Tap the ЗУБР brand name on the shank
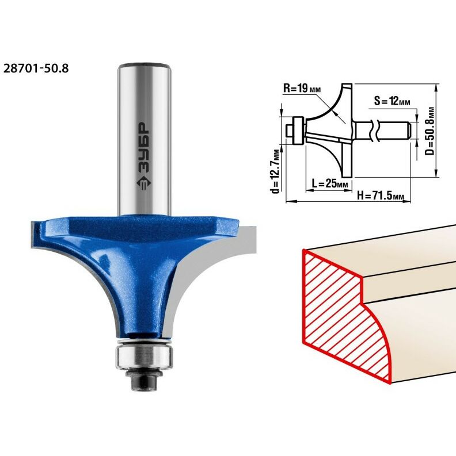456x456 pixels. click(143, 148)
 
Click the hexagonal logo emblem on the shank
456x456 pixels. click(143, 183)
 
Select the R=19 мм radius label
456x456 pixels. click(302, 89)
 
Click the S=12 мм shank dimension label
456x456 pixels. click(392, 101)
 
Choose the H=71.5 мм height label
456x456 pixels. click(381, 196)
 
